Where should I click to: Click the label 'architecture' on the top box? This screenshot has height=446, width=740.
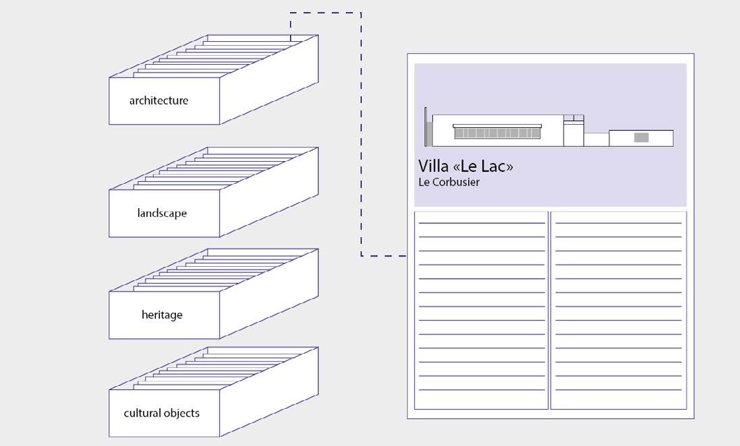[159, 101]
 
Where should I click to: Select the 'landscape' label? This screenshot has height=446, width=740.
[162, 214]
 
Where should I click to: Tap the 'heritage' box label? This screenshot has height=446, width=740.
[162, 315]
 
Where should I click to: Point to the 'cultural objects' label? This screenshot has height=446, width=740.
[161, 413]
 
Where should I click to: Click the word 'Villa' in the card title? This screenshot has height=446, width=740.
[433, 166]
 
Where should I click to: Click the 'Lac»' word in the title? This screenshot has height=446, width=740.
[496, 166]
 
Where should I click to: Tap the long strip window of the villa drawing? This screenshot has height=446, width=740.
[497, 133]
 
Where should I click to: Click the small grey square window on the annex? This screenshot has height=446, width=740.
[641, 137]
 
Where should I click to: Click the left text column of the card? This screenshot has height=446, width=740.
[481, 310]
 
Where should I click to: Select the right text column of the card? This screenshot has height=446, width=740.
[618, 310]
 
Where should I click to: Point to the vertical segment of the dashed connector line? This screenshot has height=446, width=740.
[361, 135]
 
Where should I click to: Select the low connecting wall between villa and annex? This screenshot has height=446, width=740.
[596, 139]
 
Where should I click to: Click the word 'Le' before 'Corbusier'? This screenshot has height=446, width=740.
[424, 183]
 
